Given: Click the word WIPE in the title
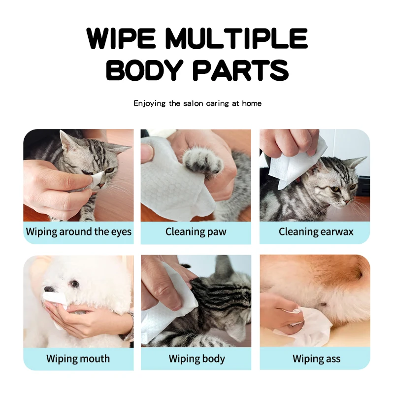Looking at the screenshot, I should [123, 38].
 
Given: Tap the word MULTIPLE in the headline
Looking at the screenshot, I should [236, 38].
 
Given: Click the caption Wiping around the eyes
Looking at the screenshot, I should [79, 231].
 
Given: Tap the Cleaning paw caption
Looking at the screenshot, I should [196, 231].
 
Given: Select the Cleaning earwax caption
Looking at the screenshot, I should [316, 231].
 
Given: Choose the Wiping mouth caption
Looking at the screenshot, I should [78, 358].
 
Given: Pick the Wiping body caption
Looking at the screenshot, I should [197, 358].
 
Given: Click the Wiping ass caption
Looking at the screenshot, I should [316, 358].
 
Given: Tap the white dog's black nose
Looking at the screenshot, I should [48, 290].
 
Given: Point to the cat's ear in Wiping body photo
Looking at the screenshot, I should [224, 268].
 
